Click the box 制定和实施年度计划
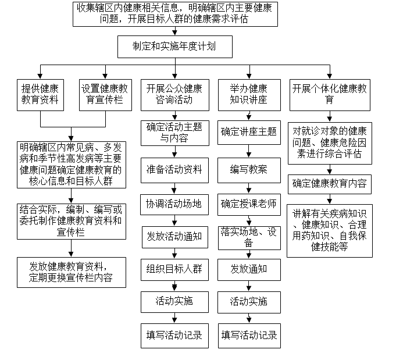(x=175, y=47)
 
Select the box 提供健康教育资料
(x=40, y=95)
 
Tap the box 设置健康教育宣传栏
(x=105, y=95)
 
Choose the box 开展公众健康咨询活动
(x=175, y=95)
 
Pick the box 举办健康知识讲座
(x=249, y=95)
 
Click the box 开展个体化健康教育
(x=330, y=95)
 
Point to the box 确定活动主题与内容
(x=175, y=133)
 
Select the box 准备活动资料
(x=174, y=170)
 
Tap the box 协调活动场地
(x=174, y=205)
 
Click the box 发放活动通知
(x=175, y=237)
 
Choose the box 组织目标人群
(x=174, y=269)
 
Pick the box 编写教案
(x=249, y=170)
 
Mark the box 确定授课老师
(x=249, y=205)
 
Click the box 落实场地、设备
(x=249, y=238)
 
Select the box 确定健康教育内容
(x=330, y=184)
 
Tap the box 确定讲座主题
(x=249, y=133)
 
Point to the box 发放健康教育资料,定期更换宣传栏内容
(x=71, y=272)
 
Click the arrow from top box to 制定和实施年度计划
(x=175, y=31)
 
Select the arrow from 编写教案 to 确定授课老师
(x=249, y=188)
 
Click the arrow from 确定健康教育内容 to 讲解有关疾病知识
(x=330, y=199)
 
